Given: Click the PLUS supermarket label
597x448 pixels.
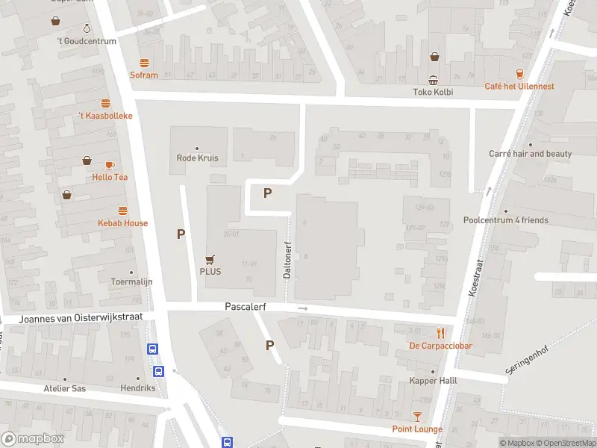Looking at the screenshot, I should coord(210,272).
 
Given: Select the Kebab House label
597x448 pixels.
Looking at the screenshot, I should coord(122,223).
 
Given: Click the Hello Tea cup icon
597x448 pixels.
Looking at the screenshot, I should coord(110,165).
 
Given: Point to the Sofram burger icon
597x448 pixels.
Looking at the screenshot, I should coord(144,63).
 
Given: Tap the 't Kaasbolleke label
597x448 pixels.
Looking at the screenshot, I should coord(105,116).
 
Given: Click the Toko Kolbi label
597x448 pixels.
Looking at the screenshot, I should coord(433,93).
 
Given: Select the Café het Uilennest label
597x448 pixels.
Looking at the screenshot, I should coord(519,87).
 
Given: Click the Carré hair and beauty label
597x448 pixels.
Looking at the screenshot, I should coord(530,154).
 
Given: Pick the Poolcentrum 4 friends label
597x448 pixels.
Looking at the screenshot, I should coord(505,220).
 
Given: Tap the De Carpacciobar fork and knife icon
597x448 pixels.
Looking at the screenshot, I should coord(441,333).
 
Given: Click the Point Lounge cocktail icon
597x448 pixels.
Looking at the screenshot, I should coord(417,417).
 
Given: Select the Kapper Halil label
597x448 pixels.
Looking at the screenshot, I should coord(432,381).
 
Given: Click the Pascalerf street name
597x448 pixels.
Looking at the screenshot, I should coord(246,307).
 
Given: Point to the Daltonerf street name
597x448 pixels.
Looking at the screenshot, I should coord(287,260).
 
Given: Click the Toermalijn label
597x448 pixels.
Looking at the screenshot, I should coord(131,281).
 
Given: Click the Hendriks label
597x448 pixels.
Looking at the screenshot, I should coord(138,388).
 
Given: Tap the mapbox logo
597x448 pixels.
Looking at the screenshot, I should coord(33,439).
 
